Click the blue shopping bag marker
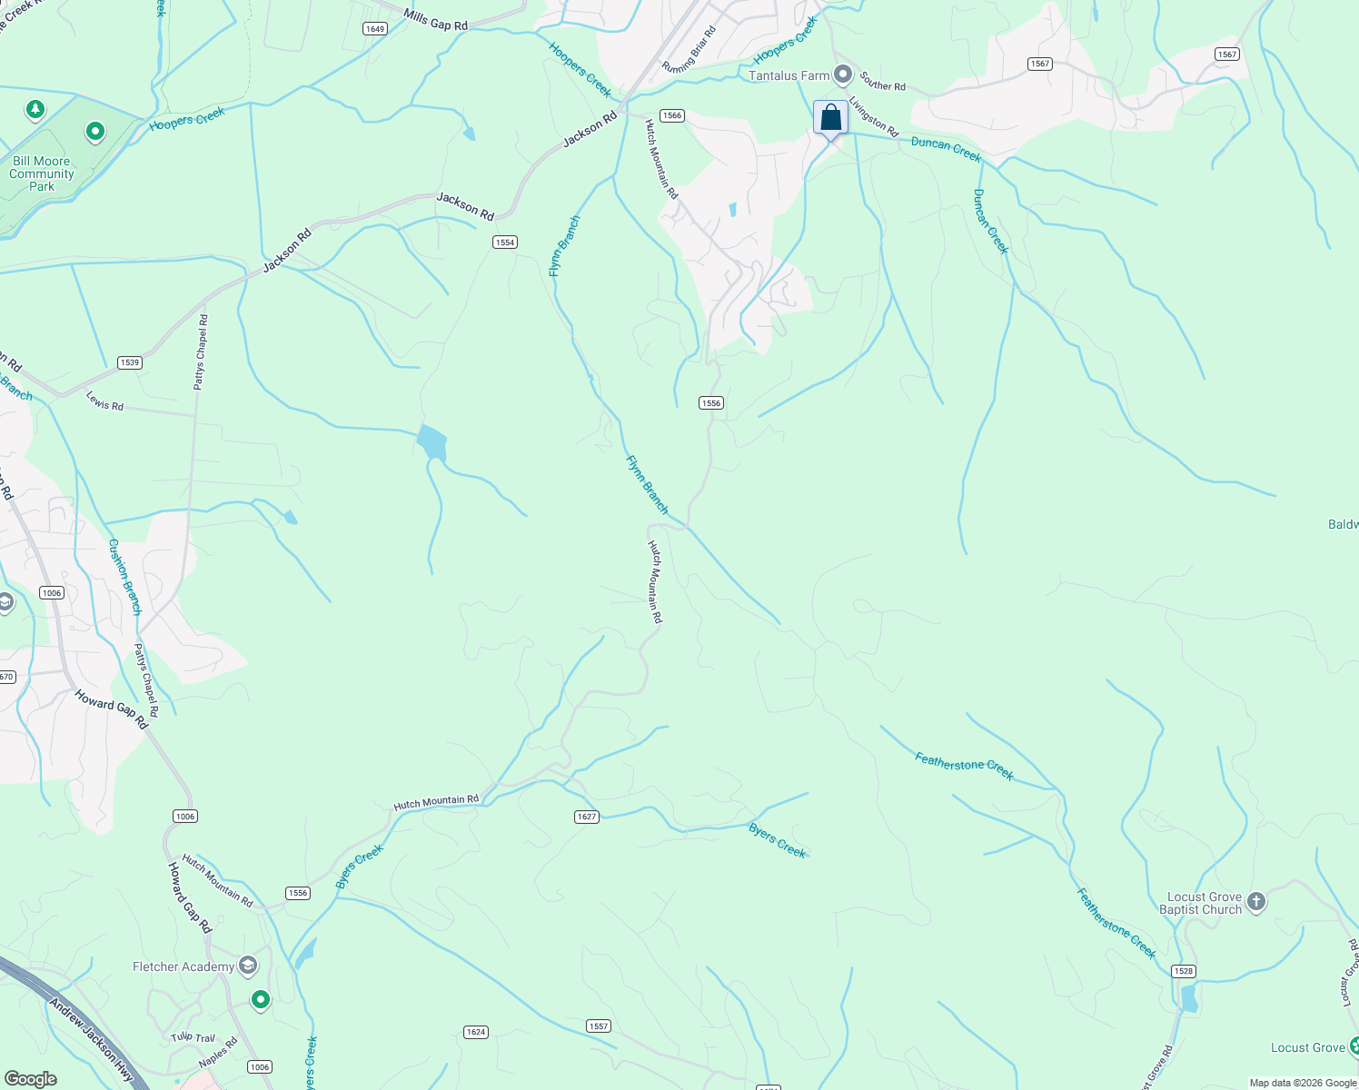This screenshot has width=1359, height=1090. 830,118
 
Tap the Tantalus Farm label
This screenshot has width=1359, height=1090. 789,75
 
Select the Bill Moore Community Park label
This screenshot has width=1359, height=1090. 42,173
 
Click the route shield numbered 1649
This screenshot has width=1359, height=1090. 374,29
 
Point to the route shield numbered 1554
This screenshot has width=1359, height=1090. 505,242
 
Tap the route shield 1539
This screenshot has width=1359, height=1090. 129,362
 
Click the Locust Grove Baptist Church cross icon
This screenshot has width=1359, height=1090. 1256,902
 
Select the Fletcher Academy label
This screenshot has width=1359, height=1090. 184,966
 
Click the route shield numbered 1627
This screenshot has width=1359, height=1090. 587,817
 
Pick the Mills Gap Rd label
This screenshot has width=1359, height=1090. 435,21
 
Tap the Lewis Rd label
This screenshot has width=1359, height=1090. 104,401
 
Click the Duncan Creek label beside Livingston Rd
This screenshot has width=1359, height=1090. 946,149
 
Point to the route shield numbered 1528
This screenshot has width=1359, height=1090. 1183,971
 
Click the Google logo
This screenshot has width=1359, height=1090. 31,1079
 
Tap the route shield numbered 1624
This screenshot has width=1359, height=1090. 475,1032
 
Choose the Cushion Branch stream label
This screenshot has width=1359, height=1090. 125,577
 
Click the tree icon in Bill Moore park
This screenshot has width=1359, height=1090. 35,110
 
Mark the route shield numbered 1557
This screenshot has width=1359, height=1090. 598,1026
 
